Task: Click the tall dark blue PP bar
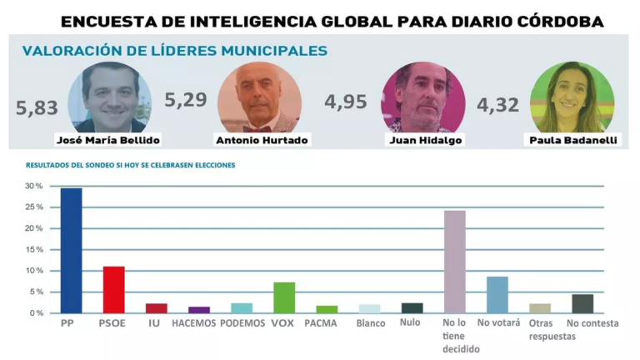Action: click(71, 251)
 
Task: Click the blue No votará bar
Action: click(497, 295)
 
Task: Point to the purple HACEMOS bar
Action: click(199, 309)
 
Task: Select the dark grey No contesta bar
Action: click(582, 303)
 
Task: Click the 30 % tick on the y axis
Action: click(35, 186)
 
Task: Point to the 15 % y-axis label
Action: click(35, 249)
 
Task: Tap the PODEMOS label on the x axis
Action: click(242, 323)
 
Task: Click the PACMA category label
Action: click(321, 323)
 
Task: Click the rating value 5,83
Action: click(37, 107)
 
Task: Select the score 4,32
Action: click(497, 106)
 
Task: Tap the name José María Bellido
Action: click(107, 140)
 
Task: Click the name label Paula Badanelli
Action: click(574, 140)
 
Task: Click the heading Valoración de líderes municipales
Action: click(174, 51)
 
